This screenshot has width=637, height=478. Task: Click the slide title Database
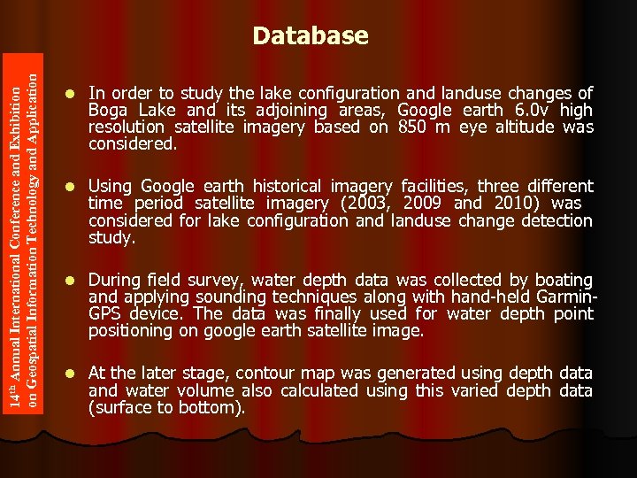tap(310, 36)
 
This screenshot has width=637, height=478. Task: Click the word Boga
tap(109, 111)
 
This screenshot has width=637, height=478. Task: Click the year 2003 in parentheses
tap(369, 204)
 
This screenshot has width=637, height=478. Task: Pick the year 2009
tap(424, 204)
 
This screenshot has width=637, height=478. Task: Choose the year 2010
tap(507, 204)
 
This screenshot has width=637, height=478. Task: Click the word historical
tap(290, 187)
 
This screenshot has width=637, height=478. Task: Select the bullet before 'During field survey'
tap(71, 281)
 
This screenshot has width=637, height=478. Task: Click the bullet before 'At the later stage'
tap(71, 374)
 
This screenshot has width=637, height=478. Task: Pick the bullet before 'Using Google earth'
tap(71, 187)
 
